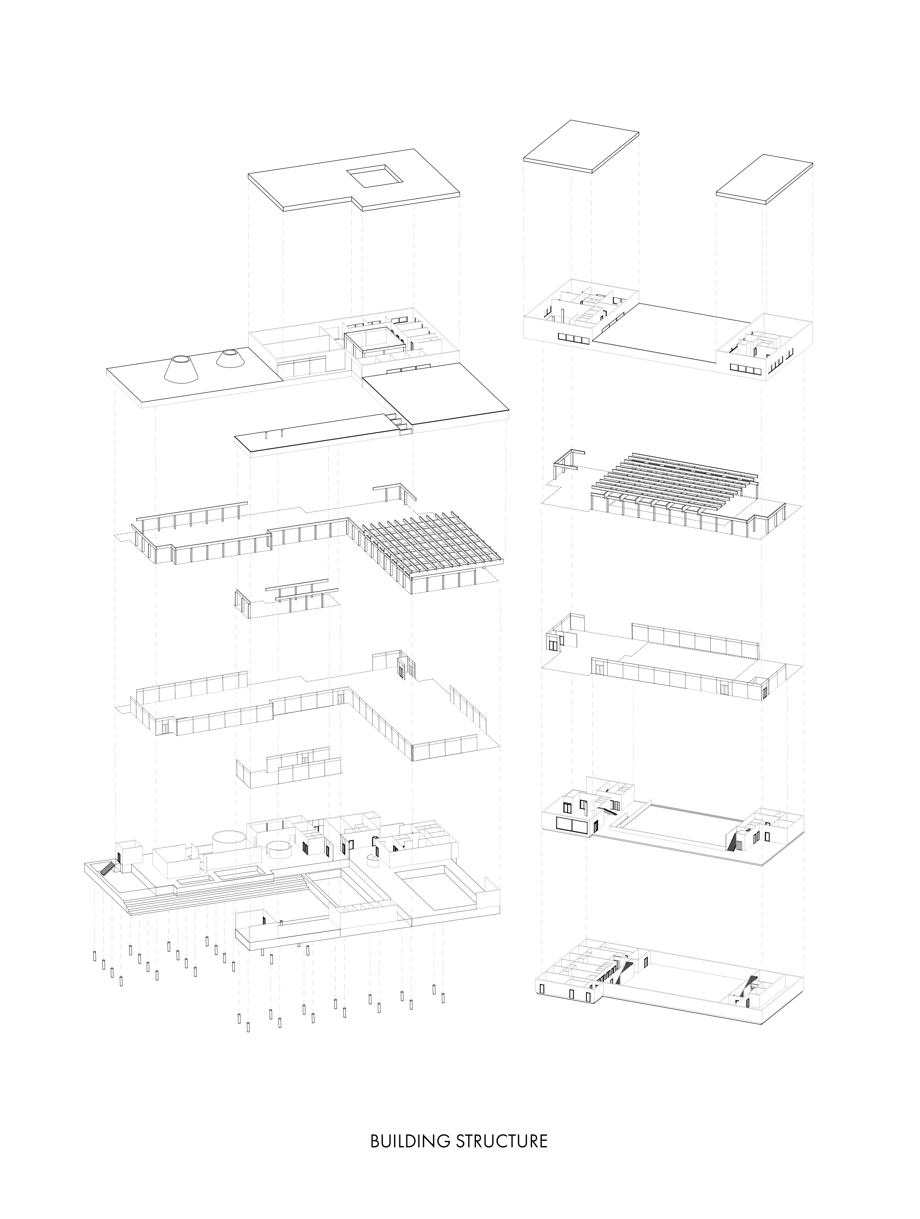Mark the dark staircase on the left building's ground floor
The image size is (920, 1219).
(x=110, y=869)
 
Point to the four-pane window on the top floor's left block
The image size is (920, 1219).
(x=573, y=337)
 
